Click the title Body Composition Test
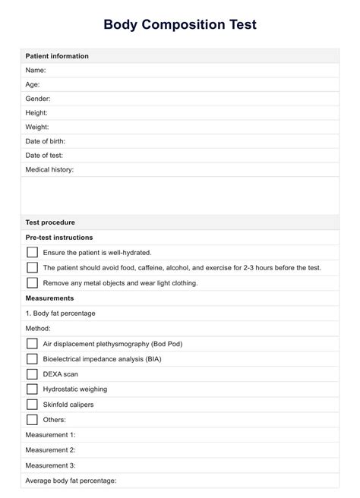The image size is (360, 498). (180, 24)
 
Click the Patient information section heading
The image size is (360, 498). (57, 56)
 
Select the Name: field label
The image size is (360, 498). (37, 71)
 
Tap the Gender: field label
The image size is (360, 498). (39, 99)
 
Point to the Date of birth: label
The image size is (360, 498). (46, 141)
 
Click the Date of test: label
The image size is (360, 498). (44, 156)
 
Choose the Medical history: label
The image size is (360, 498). (50, 169)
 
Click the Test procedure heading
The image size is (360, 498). (50, 222)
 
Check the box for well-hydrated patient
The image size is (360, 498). (32, 252)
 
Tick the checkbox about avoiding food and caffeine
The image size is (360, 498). (32, 267)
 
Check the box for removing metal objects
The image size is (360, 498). (32, 282)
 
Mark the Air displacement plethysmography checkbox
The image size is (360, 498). (32, 344)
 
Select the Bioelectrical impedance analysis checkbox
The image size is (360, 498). (32, 359)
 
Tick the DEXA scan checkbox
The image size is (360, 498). (32, 374)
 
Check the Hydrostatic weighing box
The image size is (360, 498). (32, 389)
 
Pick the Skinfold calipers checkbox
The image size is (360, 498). (32, 405)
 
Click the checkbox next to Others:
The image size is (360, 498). (32, 420)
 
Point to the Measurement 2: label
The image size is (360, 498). (51, 450)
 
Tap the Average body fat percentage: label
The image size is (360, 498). (71, 481)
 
